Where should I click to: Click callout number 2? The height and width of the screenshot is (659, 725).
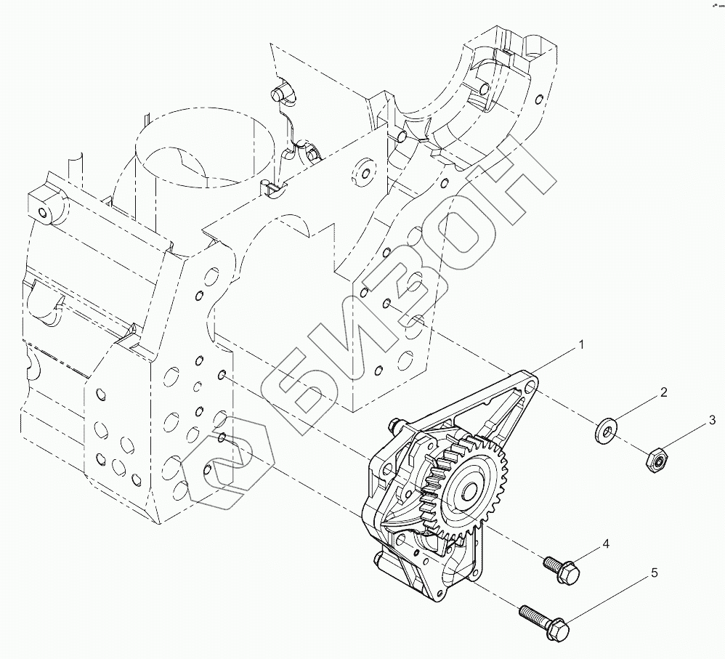663,392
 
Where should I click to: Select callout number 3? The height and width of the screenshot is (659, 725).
712,420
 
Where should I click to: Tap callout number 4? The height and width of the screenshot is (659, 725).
604,543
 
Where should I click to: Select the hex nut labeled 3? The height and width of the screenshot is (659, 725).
656,459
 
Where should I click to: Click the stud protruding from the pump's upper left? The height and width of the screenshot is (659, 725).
396,424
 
